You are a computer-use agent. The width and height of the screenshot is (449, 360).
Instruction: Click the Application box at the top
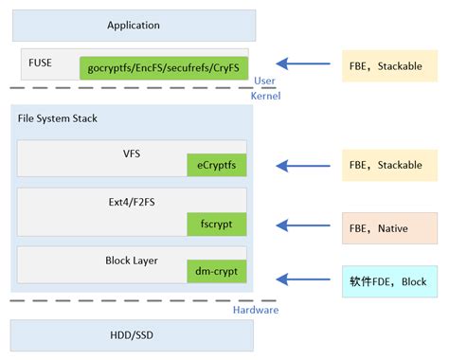tap(134, 26)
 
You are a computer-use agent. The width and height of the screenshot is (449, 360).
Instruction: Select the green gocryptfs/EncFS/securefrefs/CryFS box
tap(164, 67)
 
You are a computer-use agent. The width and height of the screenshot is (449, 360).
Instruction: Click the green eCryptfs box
tap(216, 166)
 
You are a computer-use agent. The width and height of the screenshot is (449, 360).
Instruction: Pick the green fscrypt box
tap(216, 225)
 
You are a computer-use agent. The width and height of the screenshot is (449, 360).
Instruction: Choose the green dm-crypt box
tap(216, 273)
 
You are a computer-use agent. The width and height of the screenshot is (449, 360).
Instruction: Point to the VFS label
tap(132, 153)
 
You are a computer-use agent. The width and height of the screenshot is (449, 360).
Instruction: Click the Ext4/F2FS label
tap(132, 200)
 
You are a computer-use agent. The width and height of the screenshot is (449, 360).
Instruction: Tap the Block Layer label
tap(132, 259)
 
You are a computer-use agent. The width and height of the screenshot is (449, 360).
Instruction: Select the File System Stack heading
tap(57, 118)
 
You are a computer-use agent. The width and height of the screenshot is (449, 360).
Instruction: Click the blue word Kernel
tap(265, 97)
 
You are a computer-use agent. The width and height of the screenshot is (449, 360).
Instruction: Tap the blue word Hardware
tap(257, 309)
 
